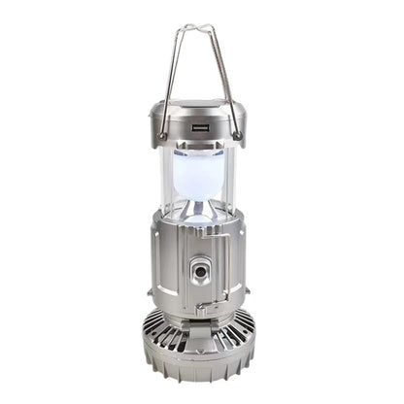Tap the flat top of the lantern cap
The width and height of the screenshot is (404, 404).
pyautogui.click(x=200, y=107)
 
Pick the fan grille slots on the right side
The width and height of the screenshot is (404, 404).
pyautogui.click(x=244, y=340)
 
